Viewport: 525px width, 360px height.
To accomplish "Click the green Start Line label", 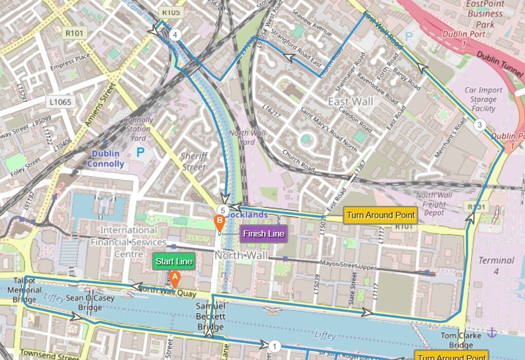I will coord(174,262).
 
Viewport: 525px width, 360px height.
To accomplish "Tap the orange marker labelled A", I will coord(174,279).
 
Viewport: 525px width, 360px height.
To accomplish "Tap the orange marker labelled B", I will coord(219,223).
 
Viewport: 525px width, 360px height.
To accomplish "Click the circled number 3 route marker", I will coord(479,124).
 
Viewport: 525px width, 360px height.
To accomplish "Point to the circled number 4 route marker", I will coord(175,35).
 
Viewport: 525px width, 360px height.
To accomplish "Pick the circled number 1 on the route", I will coord(275,346).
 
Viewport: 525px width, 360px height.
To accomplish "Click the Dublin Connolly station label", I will coord(105,159).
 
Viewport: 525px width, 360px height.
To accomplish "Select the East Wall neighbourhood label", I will coord(351,101).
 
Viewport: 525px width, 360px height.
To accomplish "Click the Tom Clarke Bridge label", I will coord(457,340).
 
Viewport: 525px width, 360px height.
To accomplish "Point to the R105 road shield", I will coord(170,12).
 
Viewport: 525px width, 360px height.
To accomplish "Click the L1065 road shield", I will coord(61,102).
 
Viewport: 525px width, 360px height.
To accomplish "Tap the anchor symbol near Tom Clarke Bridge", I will coord(492,333).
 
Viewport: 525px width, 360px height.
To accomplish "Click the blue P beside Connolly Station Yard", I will coord(140,152).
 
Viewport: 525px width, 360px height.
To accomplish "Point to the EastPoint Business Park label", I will coord(484,14).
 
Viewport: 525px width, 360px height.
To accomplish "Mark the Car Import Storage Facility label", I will coord(483,99).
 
